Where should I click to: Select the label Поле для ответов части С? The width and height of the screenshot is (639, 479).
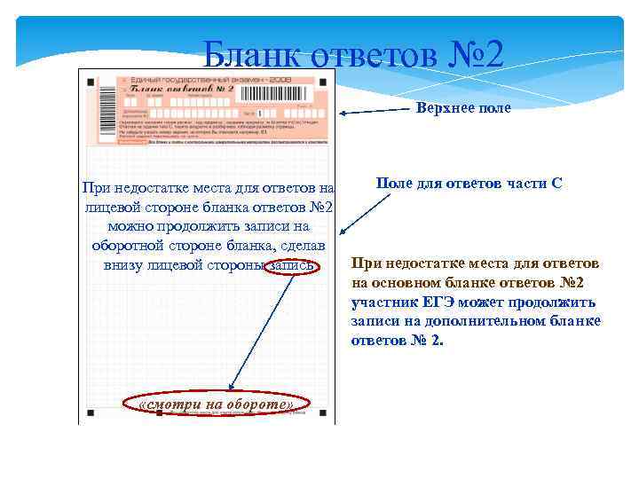click(x=469, y=183)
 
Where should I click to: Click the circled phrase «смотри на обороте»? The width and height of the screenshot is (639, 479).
click(x=217, y=404)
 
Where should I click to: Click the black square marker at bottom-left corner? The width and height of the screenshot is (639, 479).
click(x=91, y=412)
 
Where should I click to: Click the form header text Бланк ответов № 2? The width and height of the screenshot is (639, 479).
click(x=182, y=90)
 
